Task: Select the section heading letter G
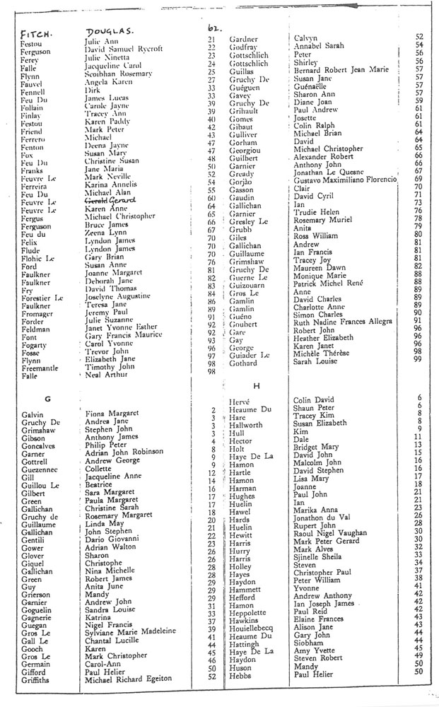[48, 399]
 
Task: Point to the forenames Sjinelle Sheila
[318, 556]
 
